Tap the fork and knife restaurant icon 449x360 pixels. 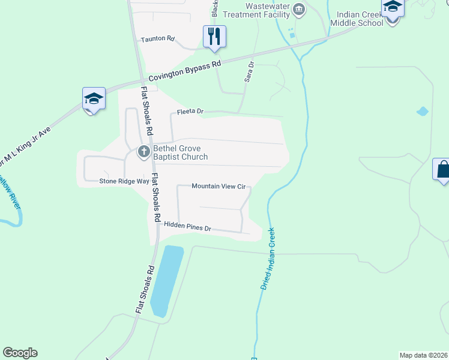214,37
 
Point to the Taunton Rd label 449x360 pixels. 157,39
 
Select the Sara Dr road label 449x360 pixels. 250,71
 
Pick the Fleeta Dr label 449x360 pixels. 191,112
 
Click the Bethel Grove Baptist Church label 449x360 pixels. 180,152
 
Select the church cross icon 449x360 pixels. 143,152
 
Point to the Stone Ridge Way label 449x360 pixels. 124,181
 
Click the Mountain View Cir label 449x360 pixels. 218,186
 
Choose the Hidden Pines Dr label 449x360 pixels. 188,227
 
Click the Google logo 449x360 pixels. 20,353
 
